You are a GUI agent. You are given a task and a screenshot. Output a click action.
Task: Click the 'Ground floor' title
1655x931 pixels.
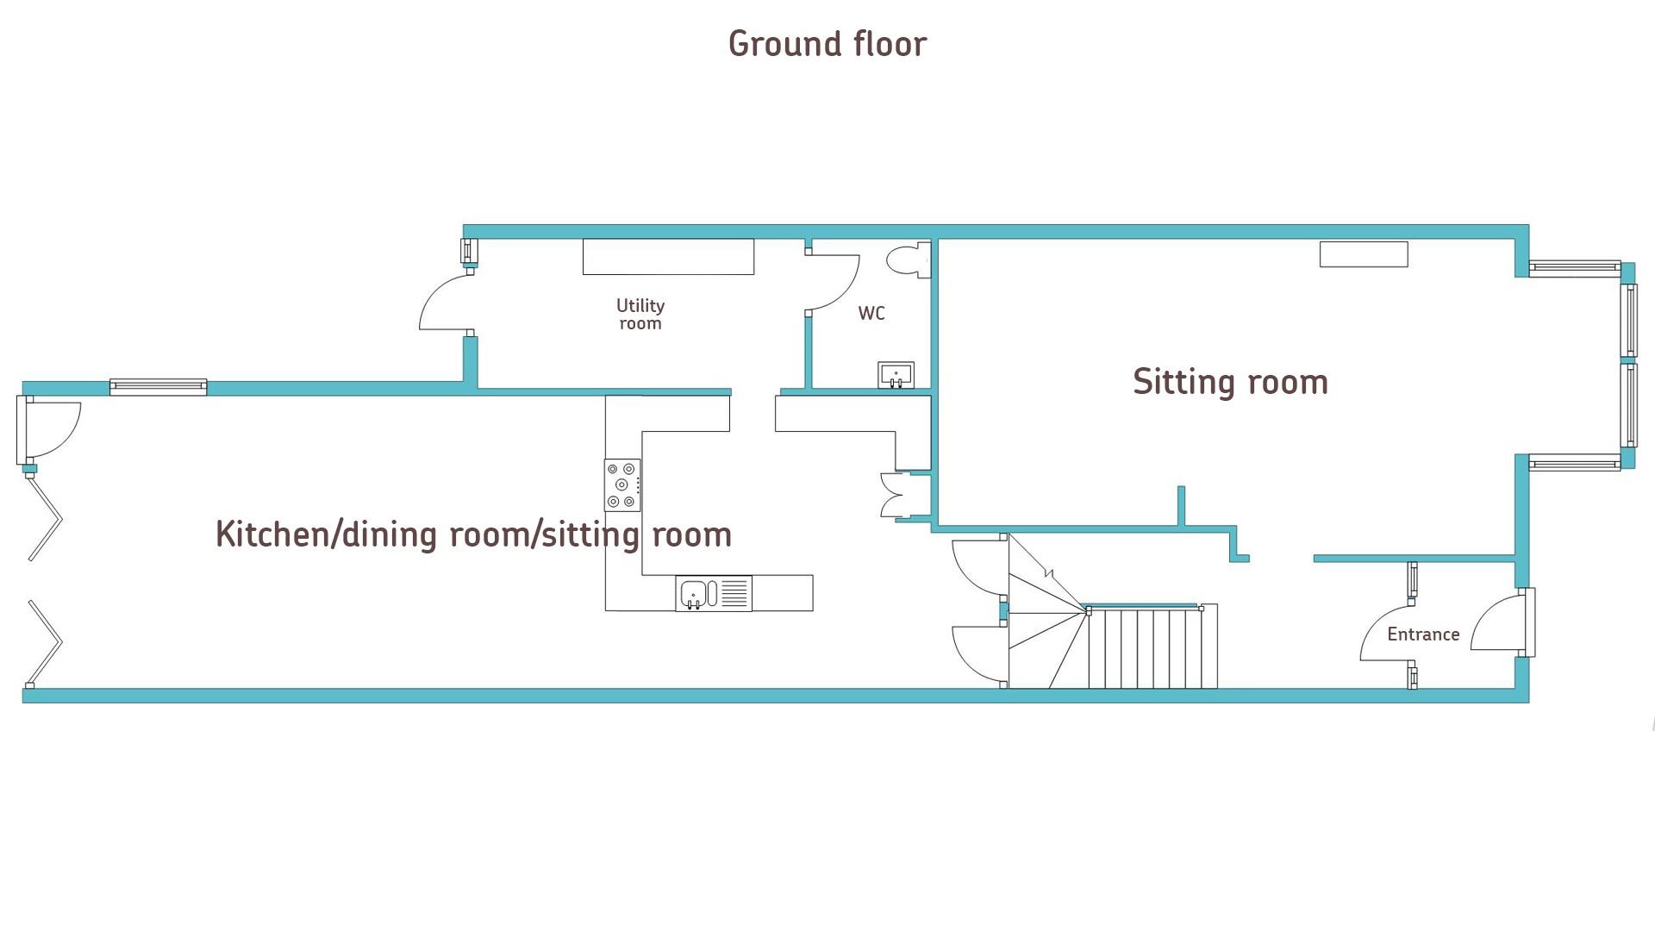click(x=827, y=44)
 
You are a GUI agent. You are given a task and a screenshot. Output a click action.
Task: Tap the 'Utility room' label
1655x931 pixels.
click(x=640, y=315)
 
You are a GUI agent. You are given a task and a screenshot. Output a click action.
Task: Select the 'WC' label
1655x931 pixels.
click(x=871, y=314)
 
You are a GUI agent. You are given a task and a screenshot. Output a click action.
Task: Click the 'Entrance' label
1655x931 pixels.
click(x=1423, y=634)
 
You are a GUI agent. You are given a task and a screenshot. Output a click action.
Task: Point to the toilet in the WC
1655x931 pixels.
click(x=909, y=259)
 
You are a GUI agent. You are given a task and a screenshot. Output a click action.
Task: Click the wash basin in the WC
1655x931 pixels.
click(x=896, y=375)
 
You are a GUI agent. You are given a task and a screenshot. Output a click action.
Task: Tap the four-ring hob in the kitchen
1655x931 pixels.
click(x=621, y=484)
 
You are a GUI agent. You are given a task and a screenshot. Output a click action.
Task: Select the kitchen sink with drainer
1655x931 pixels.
click(x=713, y=593)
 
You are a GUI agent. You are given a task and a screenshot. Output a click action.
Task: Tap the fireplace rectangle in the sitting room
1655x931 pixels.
click(x=1363, y=254)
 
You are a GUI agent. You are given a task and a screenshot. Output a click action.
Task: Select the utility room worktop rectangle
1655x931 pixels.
click(x=668, y=257)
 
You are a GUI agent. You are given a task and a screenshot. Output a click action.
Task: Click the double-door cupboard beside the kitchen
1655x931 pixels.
click(x=896, y=495)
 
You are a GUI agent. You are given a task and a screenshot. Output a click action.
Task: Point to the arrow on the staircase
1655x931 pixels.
click(x=1048, y=572)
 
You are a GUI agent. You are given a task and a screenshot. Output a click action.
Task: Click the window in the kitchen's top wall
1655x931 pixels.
click(x=158, y=387)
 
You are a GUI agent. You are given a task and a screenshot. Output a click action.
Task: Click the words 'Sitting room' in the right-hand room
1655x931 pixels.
click(x=1230, y=382)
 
